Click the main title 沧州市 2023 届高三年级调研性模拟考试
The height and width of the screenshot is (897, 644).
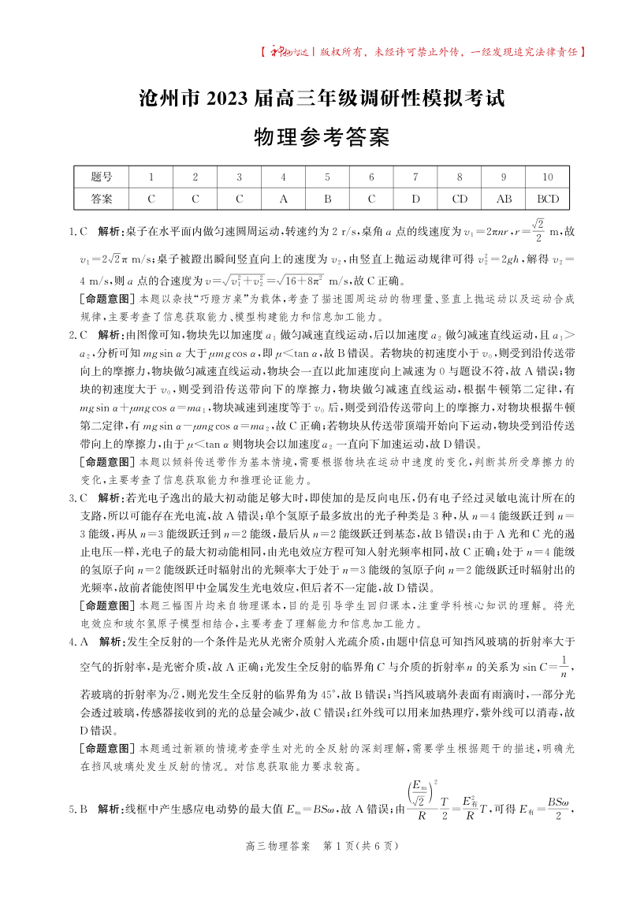321,99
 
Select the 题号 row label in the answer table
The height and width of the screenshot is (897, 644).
102,177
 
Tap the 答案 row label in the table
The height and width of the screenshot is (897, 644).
102,198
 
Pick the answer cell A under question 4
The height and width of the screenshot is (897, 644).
283,198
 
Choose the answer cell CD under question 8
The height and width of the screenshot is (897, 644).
460,198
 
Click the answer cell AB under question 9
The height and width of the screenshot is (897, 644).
504,198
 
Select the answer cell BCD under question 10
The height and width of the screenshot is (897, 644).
548,198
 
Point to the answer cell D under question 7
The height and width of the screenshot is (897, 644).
415,198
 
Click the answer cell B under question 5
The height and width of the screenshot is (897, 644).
327,198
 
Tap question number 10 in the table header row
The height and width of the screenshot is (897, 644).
548,177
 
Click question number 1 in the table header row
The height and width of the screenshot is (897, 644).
151,177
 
